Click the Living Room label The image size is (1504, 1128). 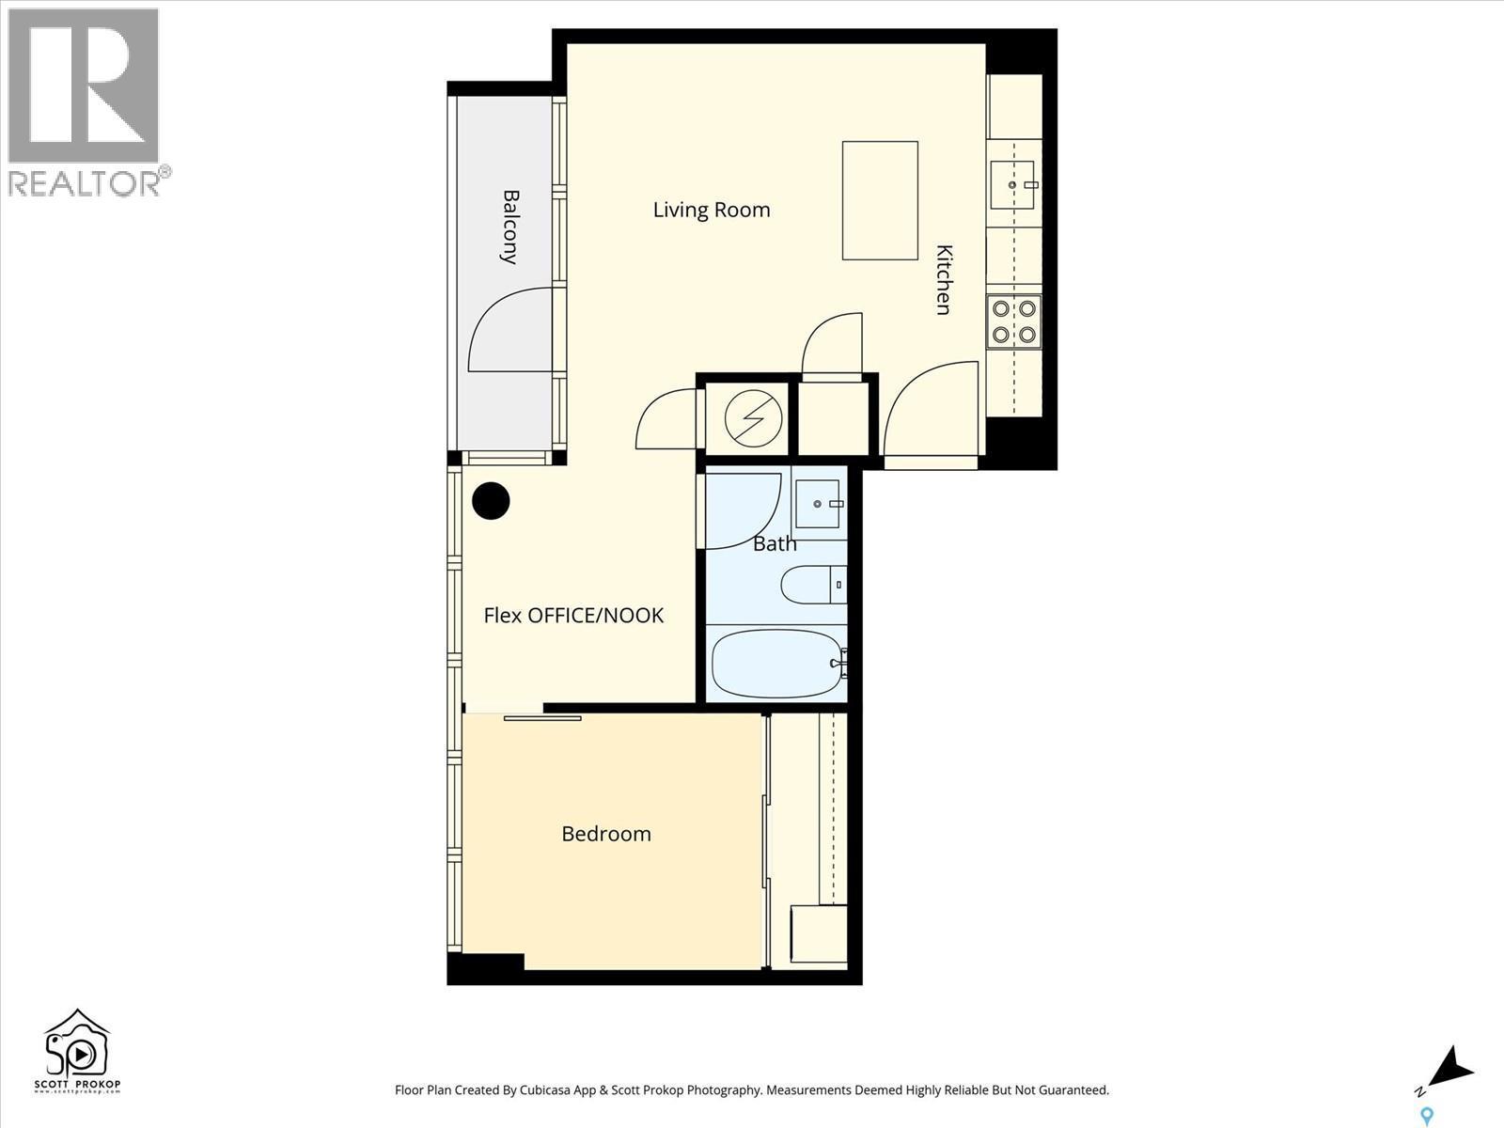[712, 210]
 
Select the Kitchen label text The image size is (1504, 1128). [944, 279]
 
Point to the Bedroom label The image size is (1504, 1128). [606, 834]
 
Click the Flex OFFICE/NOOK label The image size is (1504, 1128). [573, 616]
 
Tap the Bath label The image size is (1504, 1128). [775, 543]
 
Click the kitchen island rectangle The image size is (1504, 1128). [880, 200]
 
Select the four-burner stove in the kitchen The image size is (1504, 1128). [1014, 321]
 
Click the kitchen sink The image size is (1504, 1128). [1012, 185]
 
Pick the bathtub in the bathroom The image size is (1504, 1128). [777, 664]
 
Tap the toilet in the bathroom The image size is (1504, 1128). [812, 585]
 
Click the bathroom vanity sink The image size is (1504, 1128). [818, 504]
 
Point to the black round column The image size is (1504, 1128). [491, 501]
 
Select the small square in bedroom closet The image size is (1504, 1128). [819, 934]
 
